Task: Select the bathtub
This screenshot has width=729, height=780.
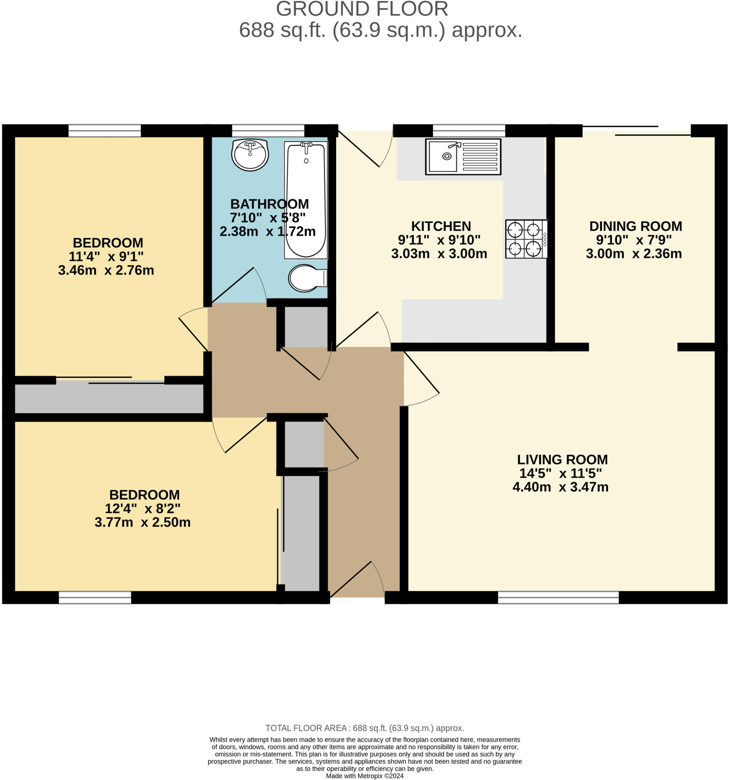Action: [305, 200]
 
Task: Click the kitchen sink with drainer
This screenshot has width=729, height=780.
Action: [463, 157]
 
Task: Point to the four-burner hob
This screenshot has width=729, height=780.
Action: [526, 239]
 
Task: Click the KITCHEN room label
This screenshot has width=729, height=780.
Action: [441, 226]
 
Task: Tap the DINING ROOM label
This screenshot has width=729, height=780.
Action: [635, 226]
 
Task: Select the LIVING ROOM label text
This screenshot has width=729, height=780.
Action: [562, 459]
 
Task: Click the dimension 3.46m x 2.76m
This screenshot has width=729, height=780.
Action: [106, 270]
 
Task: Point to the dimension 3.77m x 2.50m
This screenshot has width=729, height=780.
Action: [142, 522]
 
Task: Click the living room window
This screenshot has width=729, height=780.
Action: [558, 597]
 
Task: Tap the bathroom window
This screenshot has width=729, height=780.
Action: [268, 131]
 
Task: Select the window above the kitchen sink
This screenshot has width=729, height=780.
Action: [469, 131]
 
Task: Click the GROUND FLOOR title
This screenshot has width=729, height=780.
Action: [362, 9]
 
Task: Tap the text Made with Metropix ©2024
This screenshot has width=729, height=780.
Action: [364, 776]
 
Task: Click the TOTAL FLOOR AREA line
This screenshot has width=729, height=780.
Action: [364, 728]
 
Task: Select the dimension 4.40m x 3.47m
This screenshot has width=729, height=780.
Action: [560, 487]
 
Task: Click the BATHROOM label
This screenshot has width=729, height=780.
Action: [270, 204]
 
